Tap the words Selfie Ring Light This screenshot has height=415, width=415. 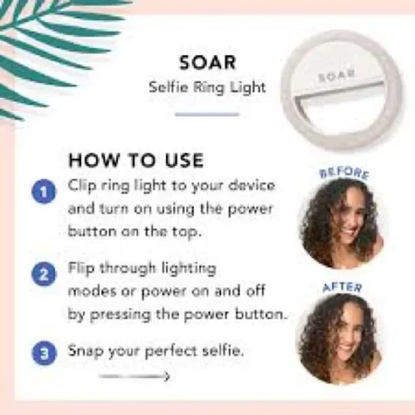[x=207, y=89]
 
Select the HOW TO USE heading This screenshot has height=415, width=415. [x=136, y=160]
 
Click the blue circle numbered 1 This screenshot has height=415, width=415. [x=44, y=191]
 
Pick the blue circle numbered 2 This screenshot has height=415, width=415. [x=44, y=275]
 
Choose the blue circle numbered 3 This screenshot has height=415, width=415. [x=44, y=351]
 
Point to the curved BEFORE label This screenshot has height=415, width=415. [x=343, y=172]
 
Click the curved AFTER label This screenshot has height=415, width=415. [x=343, y=287]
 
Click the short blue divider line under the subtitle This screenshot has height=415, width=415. [x=207, y=114]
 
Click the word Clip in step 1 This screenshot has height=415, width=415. [x=82, y=185]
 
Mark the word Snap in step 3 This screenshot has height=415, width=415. [x=84, y=351]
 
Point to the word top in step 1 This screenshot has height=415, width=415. [x=187, y=232]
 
